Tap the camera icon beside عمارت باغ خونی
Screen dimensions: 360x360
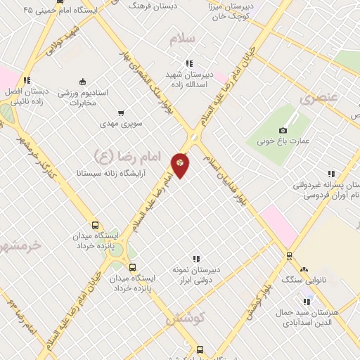(x=283, y=131)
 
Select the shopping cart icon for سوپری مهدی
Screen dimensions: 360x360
(x=121, y=112)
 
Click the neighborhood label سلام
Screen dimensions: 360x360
(x=181, y=39)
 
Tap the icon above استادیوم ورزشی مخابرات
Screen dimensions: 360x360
(x=83, y=81)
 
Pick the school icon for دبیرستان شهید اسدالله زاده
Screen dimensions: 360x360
(x=189, y=64)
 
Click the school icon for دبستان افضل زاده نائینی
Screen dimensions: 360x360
(x=27, y=81)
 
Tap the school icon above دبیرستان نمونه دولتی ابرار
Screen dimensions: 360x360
(x=196, y=259)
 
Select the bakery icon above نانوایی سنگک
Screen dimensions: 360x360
(x=304, y=269)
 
